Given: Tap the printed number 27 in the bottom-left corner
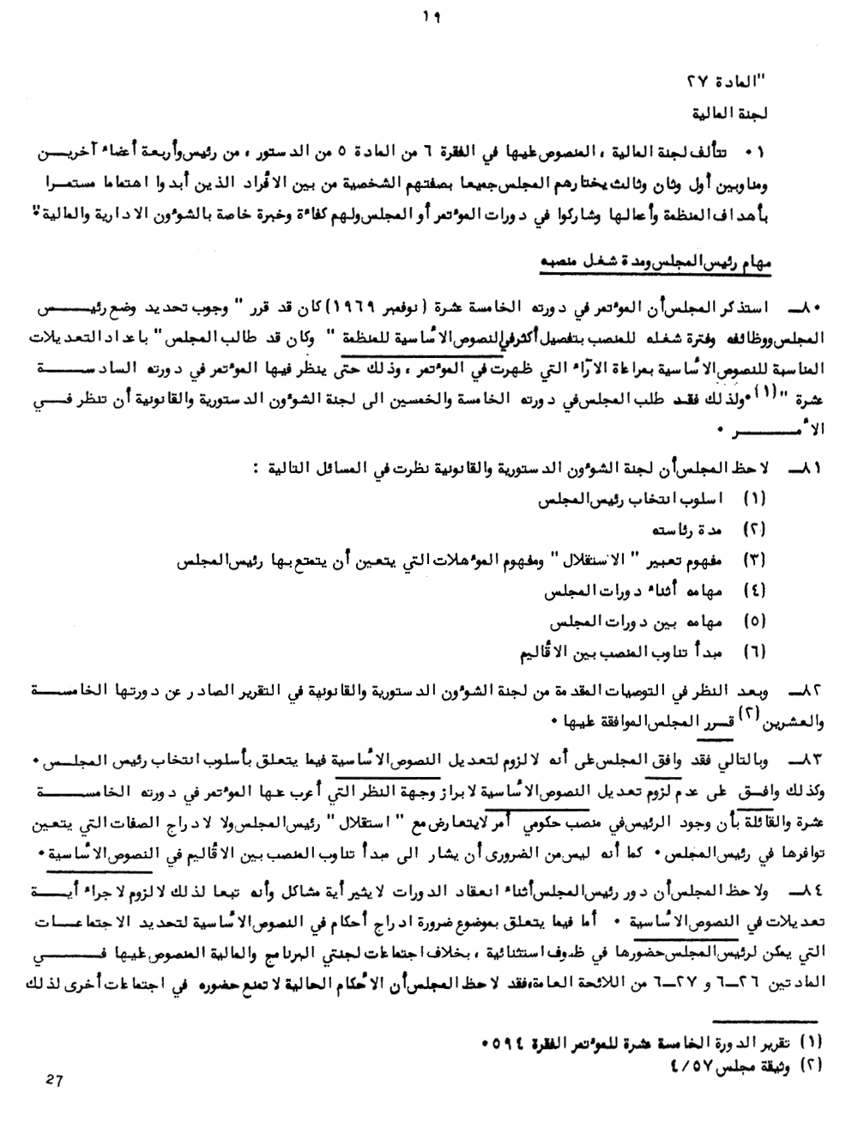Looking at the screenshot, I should [x=56, y=1082].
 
